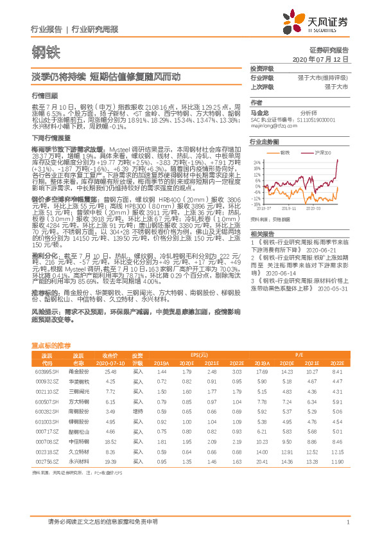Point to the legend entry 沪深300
(322, 153)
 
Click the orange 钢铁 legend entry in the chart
(285, 153)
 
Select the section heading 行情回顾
(40, 94)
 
